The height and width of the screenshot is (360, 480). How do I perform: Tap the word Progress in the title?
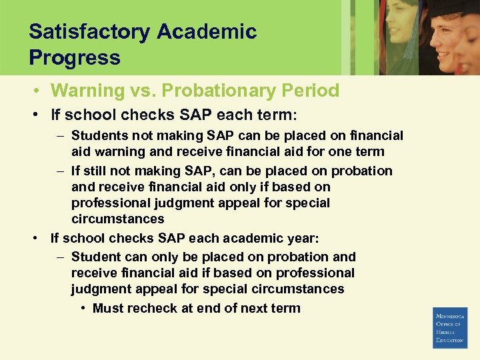[x=75, y=57]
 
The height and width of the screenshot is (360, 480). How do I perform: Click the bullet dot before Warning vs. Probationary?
[x=41, y=91]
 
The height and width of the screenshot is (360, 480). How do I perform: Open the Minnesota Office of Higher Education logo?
[x=450, y=327]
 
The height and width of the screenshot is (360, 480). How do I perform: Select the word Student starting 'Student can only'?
[x=94, y=257]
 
